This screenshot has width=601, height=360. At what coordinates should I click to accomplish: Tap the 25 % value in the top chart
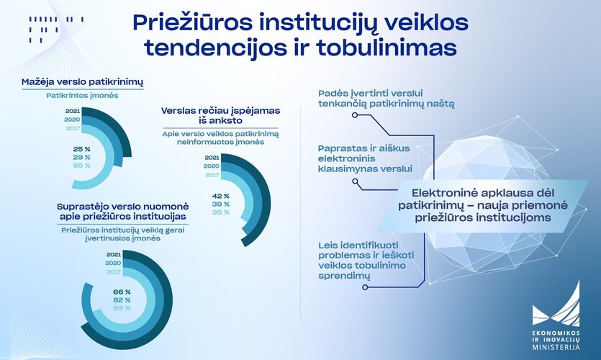[81, 149]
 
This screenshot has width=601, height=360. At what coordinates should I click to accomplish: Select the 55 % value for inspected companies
[81, 166]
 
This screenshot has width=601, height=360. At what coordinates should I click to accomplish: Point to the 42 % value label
[221, 196]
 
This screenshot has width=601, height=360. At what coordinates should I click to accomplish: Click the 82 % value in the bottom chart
[122, 300]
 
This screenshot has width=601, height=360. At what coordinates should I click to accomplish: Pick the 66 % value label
[122, 292]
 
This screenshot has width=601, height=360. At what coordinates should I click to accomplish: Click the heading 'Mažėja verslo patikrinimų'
[82, 82]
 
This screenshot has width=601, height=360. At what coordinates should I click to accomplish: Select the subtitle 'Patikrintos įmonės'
[82, 96]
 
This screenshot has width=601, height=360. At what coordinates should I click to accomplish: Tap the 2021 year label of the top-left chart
[73, 111]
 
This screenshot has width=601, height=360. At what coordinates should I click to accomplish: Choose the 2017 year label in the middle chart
[212, 175]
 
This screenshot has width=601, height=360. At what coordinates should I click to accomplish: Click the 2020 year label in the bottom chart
[113, 263]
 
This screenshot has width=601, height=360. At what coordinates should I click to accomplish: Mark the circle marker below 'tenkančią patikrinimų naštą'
[355, 114]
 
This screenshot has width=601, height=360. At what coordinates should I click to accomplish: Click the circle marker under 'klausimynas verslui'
[355, 181]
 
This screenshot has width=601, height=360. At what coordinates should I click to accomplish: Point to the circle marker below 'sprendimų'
[365, 287]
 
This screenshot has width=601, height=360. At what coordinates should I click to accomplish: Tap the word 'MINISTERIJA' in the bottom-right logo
[556, 347]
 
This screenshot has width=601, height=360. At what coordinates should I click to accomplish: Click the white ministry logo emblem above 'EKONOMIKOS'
[556, 303]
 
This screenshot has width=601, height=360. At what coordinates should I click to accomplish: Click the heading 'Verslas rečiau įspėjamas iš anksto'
[220, 115]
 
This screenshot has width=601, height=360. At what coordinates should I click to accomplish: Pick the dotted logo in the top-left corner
[56, 29]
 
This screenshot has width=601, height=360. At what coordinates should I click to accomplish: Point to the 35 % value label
[221, 212]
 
